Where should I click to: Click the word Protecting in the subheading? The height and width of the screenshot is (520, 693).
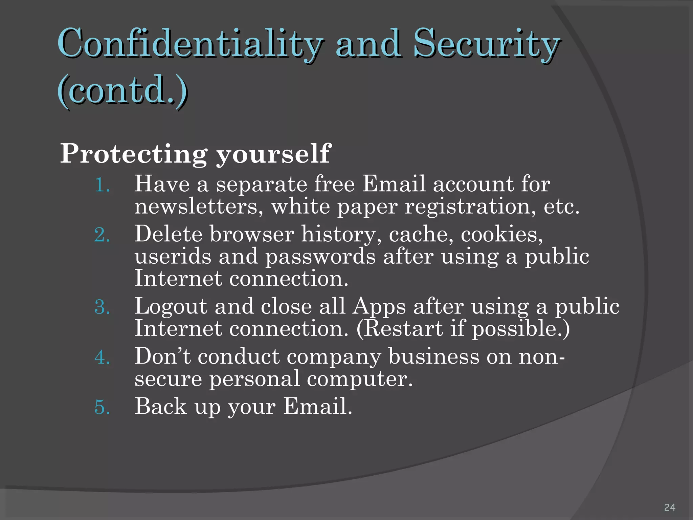[x=133, y=154]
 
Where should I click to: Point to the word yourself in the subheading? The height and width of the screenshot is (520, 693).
[x=273, y=154]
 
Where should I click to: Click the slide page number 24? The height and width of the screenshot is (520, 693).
[x=670, y=507]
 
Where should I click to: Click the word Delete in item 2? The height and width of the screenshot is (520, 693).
[x=169, y=234]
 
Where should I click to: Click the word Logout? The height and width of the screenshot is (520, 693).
[x=171, y=307]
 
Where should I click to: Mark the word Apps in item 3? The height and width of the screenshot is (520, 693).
[x=379, y=307]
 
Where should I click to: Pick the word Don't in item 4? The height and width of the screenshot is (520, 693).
[x=162, y=356]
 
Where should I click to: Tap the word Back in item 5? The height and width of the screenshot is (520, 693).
[x=161, y=406]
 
